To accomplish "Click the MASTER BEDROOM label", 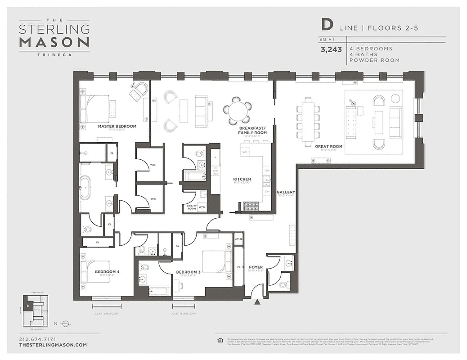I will (x=117, y=126).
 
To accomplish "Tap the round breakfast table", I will (x=237, y=110).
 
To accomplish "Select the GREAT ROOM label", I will (x=328, y=146).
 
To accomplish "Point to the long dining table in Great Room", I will (x=308, y=120).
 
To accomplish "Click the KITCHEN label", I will (x=242, y=179).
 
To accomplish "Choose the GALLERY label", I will (x=285, y=192).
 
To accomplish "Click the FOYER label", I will (x=256, y=267).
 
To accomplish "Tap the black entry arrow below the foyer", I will (x=257, y=302).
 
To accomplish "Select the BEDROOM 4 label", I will (x=107, y=272).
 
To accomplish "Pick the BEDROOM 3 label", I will (x=188, y=272).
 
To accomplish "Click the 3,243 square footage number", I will (x=331, y=50).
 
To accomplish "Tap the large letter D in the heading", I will (x=327, y=25).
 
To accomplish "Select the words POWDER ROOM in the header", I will (x=374, y=60).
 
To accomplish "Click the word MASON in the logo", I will (x=54, y=42).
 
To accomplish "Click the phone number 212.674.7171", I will (x=38, y=339).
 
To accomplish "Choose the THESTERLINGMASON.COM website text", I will (x=53, y=345).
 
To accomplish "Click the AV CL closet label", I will (x=238, y=239).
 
